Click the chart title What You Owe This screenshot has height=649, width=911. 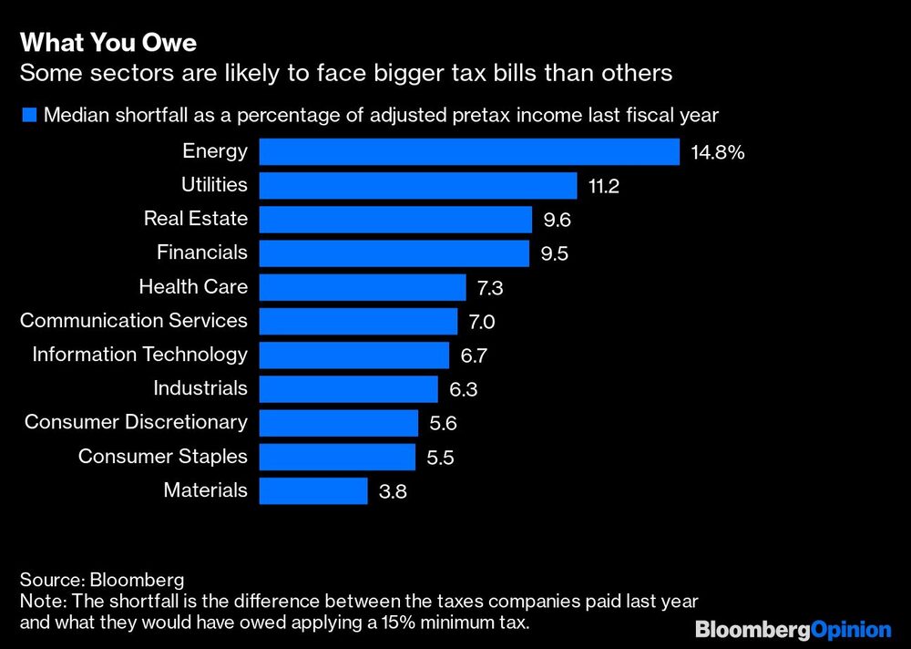click(x=108, y=43)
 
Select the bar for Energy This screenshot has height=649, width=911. click(x=469, y=151)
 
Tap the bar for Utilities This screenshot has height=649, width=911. click(x=418, y=186)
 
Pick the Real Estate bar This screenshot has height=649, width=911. click(x=395, y=220)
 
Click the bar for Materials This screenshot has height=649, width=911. click(x=313, y=491)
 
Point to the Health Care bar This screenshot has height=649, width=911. click(x=363, y=288)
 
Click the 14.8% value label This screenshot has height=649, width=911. click(x=718, y=152)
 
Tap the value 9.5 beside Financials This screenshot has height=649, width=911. click(x=555, y=254)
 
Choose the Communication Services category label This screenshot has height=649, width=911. click(x=134, y=321)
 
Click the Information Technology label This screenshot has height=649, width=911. click(x=140, y=355)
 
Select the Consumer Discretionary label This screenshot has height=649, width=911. click(x=136, y=422)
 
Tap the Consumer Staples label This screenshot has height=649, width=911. click(x=163, y=456)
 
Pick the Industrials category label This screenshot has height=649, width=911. click(x=200, y=388)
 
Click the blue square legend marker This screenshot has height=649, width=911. click(x=28, y=115)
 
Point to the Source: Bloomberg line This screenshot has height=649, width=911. click(x=101, y=580)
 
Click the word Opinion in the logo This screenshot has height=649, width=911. click(x=850, y=629)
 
